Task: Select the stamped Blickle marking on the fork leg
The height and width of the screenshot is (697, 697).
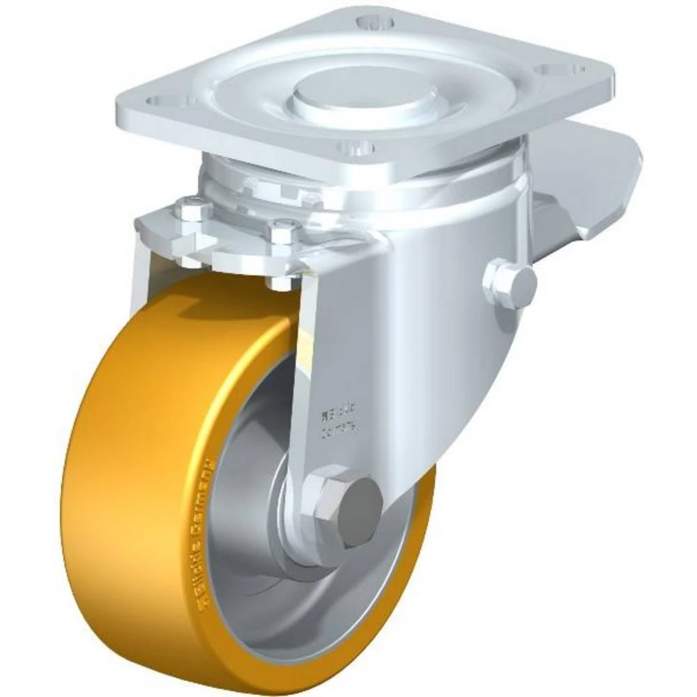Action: click(339, 422)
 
